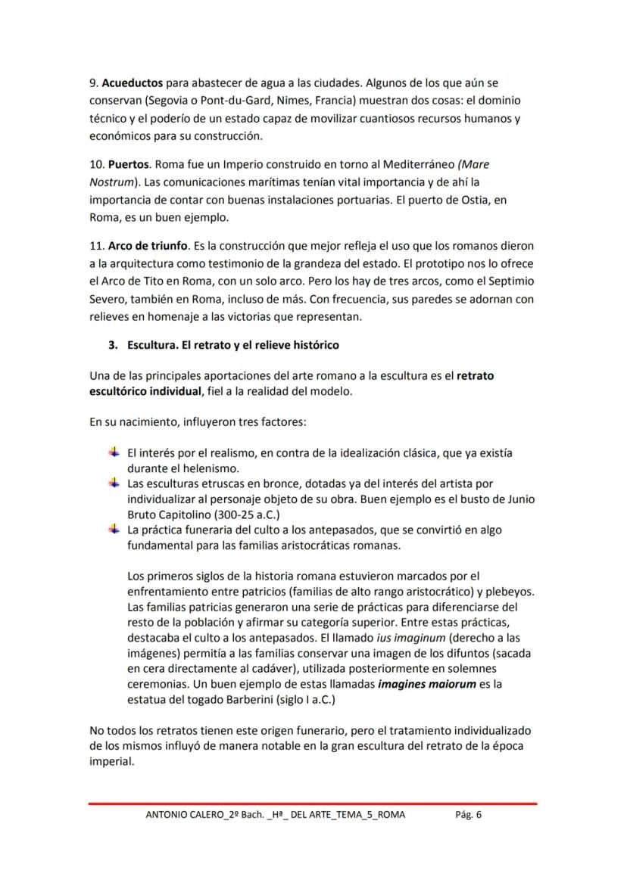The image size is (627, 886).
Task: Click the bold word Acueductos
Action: point(132,82)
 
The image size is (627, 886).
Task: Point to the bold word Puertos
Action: point(129,163)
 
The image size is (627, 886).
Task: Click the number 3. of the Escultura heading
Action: point(113,345)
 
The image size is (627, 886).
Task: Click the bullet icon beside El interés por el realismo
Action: point(114,452)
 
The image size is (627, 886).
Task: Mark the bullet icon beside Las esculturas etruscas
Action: point(114,483)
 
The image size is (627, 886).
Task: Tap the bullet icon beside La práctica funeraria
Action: point(114,529)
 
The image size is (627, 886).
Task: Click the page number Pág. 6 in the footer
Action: point(468,815)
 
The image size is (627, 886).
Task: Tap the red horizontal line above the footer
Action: point(313,803)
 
